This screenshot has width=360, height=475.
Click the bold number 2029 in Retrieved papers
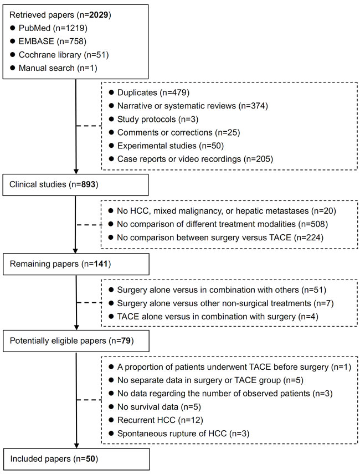tap(99, 15)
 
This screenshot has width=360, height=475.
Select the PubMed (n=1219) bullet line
tap(49, 28)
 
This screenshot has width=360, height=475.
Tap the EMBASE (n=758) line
tap(48, 42)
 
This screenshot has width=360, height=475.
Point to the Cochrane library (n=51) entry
tap(59, 55)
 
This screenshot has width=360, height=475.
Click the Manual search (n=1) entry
tap(54, 68)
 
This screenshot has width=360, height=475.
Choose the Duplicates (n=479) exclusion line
tap(149, 92)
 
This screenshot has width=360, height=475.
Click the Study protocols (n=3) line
tap(153, 120)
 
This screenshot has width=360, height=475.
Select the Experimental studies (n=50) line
tap(166, 146)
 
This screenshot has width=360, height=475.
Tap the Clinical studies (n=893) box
tap(75, 184)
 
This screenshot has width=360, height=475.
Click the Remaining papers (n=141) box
tap(76, 264)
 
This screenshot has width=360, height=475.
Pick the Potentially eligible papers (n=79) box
tap(76, 341)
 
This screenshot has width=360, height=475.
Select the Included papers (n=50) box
tap(76, 459)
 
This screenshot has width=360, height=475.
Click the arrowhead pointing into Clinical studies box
tap(76, 171)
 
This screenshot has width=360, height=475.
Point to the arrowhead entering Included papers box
tap(76, 446)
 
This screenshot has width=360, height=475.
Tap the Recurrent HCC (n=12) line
tap(156, 421)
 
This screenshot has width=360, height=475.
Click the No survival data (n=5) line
tap(155, 407)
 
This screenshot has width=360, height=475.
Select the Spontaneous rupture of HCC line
tap(179, 434)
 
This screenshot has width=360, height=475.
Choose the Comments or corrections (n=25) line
tap(174, 133)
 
